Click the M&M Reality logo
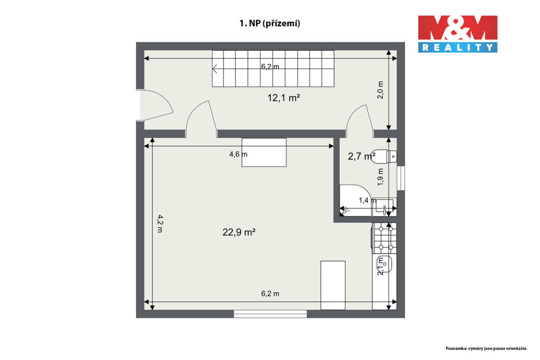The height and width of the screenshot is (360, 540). click(458, 34)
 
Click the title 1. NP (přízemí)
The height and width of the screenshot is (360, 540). click(269, 23)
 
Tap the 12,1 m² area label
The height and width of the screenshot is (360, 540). click(284, 98)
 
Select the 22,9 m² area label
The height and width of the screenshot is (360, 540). click(239, 232)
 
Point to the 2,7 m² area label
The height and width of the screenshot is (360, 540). click(361, 157)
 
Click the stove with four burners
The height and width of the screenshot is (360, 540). click(384, 238)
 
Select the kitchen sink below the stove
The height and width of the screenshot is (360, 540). click(384, 264)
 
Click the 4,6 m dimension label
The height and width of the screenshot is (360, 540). click(238, 154)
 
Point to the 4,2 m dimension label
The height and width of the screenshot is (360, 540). click(160, 223)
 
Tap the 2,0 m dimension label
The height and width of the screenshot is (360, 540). click(380, 90)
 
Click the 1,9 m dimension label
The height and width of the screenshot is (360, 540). click(380, 177)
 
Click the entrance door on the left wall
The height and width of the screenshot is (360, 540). click(155, 105)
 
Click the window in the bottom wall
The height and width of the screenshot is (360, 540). click(271, 314)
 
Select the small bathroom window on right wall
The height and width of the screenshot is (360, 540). click(401, 178)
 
